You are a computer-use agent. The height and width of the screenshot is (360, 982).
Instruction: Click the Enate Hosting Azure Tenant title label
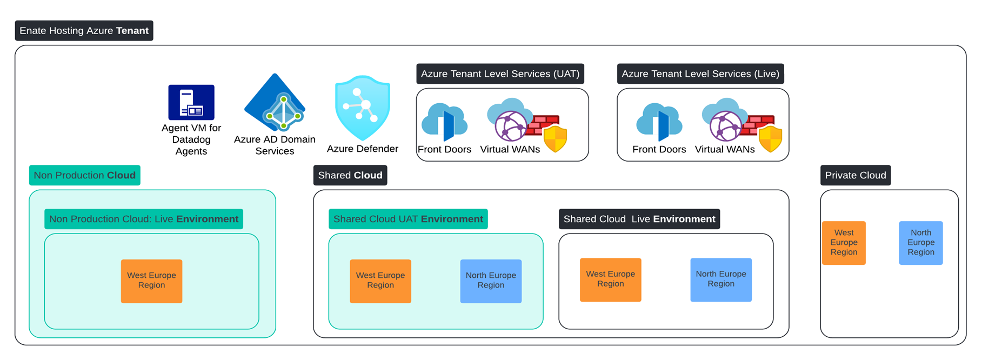(x=84, y=31)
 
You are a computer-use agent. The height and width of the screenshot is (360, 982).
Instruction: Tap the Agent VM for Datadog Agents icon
(x=191, y=102)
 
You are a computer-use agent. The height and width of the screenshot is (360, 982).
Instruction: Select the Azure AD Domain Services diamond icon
(x=275, y=103)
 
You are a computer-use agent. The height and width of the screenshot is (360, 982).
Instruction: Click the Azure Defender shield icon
(x=363, y=108)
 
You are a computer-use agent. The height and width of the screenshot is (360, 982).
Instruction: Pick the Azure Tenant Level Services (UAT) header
(x=500, y=74)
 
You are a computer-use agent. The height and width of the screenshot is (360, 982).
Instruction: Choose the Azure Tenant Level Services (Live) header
(x=700, y=74)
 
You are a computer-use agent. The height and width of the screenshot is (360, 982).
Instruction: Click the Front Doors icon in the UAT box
(x=444, y=122)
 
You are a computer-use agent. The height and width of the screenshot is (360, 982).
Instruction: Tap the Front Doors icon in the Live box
(x=659, y=122)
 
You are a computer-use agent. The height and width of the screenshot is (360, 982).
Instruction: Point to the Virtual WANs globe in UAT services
(x=510, y=125)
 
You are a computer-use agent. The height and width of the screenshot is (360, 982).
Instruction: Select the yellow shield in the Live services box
(x=770, y=139)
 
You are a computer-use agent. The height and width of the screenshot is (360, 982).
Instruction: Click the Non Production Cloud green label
(x=85, y=175)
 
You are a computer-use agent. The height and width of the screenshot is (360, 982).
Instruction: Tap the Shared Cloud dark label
(x=350, y=175)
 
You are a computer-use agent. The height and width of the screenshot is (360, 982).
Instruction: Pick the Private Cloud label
(x=856, y=175)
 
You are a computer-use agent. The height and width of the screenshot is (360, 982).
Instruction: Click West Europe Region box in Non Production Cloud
(x=151, y=281)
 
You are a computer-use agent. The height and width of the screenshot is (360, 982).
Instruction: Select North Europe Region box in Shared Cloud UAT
(x=491, y=281)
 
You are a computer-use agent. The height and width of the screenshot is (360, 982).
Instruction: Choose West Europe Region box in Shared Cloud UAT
(x=380, y=281)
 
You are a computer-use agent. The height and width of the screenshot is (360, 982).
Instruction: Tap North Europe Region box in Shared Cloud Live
(x=721, y=279)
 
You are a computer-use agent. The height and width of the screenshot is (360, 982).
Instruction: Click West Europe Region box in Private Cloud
(x=844, y=243)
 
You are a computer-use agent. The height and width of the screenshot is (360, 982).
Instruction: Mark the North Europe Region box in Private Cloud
(x=921, y=243)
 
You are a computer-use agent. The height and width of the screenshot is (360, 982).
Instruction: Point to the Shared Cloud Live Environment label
(x=639, y=219)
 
